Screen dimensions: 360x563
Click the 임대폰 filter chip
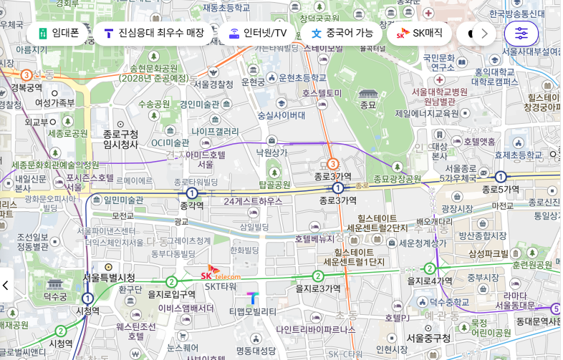point(57,33)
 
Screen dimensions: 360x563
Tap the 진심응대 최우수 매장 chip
point(153,33)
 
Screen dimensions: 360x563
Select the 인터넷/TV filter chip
point(257,33)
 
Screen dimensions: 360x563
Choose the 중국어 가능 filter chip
point(341,33)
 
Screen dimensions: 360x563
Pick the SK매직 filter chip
point(420,33)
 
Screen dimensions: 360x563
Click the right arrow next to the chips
point(484,33)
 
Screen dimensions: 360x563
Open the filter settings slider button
point(521,33)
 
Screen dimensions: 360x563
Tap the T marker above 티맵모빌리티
point(252,298)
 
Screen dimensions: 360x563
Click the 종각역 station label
point(191,205)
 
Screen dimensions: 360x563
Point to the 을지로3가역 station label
point(318,288)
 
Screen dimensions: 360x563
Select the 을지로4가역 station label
point(430,281)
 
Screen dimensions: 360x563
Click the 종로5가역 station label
point(500,190)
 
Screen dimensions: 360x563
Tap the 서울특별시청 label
point(109,278)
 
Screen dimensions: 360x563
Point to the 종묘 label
point(367,105)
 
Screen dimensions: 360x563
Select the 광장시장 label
point(457,208)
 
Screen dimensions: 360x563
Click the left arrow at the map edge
point(6,285)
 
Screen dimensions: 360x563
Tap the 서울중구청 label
point(428,338)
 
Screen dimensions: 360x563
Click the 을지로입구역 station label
point(171,294)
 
